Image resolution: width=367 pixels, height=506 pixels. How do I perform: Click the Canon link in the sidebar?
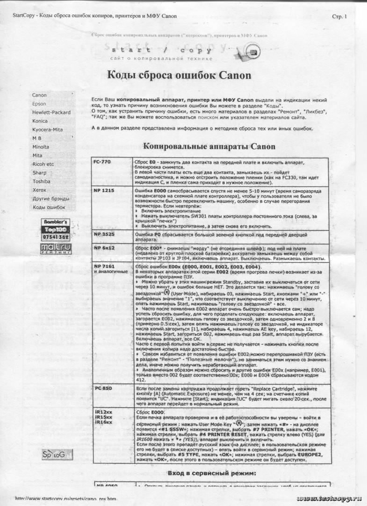pos(39,95)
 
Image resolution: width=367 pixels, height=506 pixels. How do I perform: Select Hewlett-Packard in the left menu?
pos(51,112)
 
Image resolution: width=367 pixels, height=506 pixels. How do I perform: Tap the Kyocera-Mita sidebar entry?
pos(47,129)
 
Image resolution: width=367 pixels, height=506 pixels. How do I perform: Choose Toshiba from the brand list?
pos(41,181)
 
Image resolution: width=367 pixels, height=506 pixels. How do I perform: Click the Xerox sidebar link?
pos(39,190)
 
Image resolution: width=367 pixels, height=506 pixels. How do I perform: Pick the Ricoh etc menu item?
pos(43,164)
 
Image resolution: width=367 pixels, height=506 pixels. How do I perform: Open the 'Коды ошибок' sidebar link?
pos(49,207)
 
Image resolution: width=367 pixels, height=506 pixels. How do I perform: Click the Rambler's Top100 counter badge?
pos(56,230)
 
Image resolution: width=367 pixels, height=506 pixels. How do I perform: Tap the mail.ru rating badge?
pos(56,248)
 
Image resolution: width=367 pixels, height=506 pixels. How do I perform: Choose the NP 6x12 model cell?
pos(103,247)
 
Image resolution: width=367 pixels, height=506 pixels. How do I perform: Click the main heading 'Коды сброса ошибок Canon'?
pos(180,75)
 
